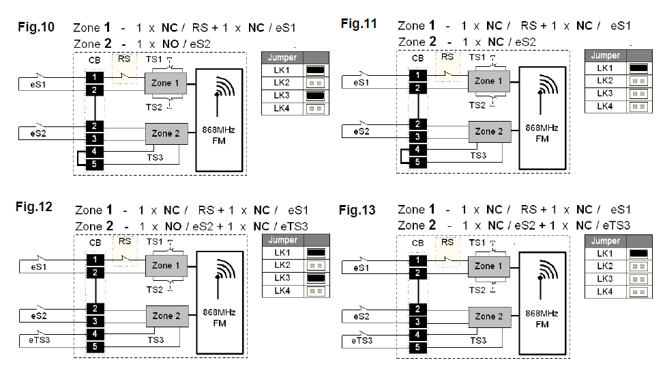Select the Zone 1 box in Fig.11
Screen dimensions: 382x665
pos(485,81)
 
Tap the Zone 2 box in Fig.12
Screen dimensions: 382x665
pos(166,316)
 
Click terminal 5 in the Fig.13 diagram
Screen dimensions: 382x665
pos(417,346)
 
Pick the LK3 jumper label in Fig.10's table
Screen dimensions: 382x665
pos(282,96)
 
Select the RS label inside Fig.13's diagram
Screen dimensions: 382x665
pos(447,241)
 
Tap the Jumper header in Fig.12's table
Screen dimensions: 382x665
pos(282,240)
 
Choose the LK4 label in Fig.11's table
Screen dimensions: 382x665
pos(605,106)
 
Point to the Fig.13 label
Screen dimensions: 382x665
pos(357,210)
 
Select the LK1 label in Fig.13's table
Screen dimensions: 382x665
pos(605,254)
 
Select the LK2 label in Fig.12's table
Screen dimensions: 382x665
pos(282,264)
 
